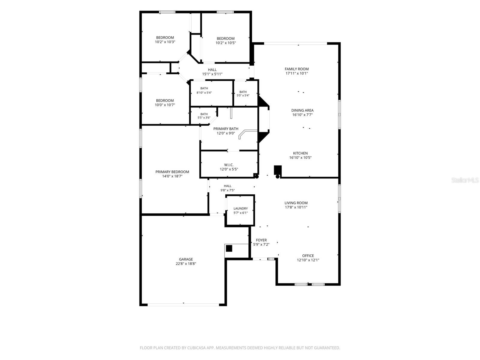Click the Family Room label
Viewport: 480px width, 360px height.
296,69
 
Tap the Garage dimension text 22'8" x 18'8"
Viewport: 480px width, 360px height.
186,264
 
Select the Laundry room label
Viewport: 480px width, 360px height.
241,208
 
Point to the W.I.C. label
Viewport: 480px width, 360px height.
229,165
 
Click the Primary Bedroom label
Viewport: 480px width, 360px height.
172,172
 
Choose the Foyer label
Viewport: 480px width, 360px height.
261,240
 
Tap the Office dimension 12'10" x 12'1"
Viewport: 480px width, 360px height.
308,260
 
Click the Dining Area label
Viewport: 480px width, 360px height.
302,110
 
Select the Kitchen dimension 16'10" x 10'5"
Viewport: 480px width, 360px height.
300,157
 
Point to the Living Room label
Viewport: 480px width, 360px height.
296,203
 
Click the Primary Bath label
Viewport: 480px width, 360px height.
226,129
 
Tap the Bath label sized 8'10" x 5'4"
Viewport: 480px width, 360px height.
204,88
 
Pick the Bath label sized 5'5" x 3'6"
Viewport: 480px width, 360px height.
204,114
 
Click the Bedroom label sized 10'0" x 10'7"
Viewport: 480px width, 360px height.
165,100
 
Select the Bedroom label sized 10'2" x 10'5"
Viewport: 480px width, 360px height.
226,38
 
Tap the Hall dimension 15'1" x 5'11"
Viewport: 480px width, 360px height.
212,74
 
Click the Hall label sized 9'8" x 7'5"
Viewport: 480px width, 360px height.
228,186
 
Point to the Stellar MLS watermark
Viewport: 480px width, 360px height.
465,180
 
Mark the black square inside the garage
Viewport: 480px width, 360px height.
229,248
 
